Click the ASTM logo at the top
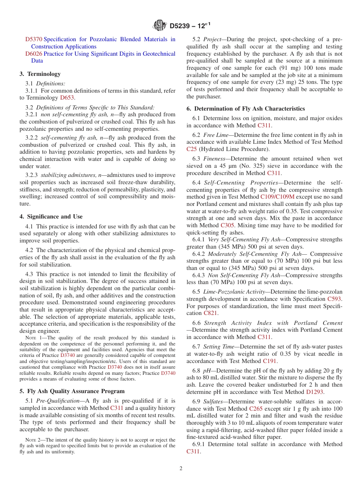(160, 26)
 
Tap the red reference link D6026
(34, 54)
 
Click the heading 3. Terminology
(40, 74)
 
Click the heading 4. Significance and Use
(51, 217)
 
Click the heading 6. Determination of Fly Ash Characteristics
(246, 109)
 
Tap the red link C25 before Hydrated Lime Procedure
(191, 149)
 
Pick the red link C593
(334, 299)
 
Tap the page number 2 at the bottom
(181, 469)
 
